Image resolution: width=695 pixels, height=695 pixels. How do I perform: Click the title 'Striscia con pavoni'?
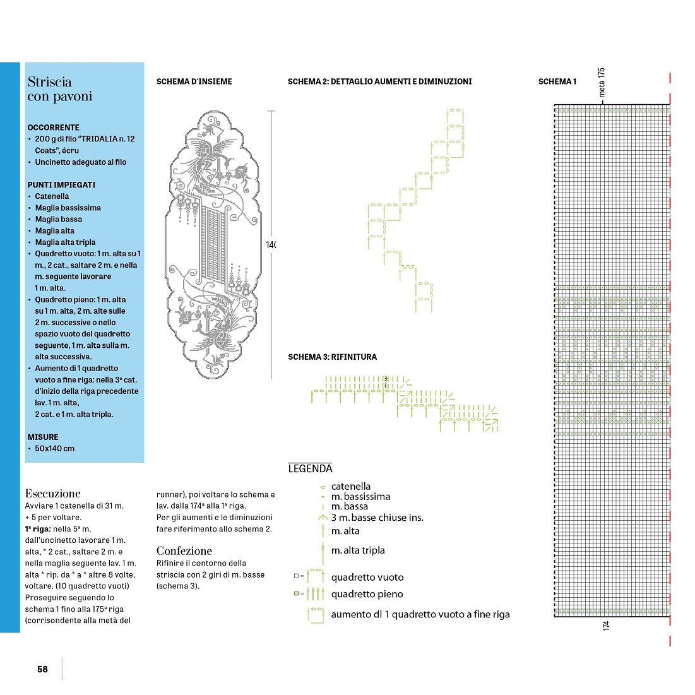coord(59,89)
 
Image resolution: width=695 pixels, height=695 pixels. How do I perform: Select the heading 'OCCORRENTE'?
coord(53,128)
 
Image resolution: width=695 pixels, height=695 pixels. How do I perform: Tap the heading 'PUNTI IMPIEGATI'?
coord(61,185)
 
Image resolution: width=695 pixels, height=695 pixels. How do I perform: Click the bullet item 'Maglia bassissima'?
coord(68,208)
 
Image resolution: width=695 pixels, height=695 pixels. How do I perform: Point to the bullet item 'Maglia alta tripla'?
coord(65,242)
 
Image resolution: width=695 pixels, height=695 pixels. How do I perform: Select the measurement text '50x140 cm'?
coord(54,449)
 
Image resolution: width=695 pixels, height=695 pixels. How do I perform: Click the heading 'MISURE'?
coord(43,437)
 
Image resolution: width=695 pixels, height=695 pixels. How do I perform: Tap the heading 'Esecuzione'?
coord(53,494)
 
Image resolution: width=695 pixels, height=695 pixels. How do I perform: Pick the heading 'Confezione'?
coord(184,550)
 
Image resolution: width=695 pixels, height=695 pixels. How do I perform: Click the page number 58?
coord(42,669)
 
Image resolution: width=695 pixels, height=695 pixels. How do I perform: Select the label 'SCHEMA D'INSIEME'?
coord(194,81)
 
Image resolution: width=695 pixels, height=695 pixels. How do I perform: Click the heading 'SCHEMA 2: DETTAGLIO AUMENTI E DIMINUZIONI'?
coord(379,81)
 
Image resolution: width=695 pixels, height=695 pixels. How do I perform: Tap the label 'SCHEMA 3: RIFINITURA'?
coord(332,357)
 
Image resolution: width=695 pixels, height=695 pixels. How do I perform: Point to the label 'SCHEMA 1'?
coord(557,81)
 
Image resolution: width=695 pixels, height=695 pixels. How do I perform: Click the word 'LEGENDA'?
coord(310,468)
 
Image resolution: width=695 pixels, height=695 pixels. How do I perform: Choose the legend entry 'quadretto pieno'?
coord(367,594)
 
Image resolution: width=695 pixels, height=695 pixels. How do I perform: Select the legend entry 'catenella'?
coord(351,486)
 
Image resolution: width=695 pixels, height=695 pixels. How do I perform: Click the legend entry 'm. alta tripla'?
coord(358,550)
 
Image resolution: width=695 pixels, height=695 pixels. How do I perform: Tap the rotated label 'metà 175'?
coord(602,82)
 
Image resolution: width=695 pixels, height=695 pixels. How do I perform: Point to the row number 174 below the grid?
coord(607,625)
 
